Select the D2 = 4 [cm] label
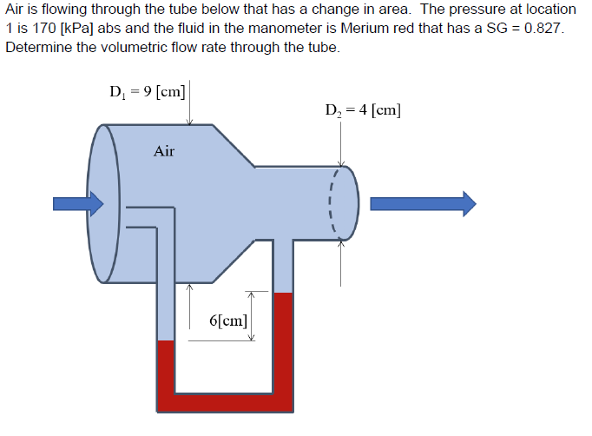[363, 110]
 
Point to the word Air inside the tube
[164, 152]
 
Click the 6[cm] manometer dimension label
[228, 319]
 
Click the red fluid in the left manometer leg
[166, 369]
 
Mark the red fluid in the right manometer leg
[283, 347]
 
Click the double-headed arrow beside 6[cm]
[251, 315]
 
